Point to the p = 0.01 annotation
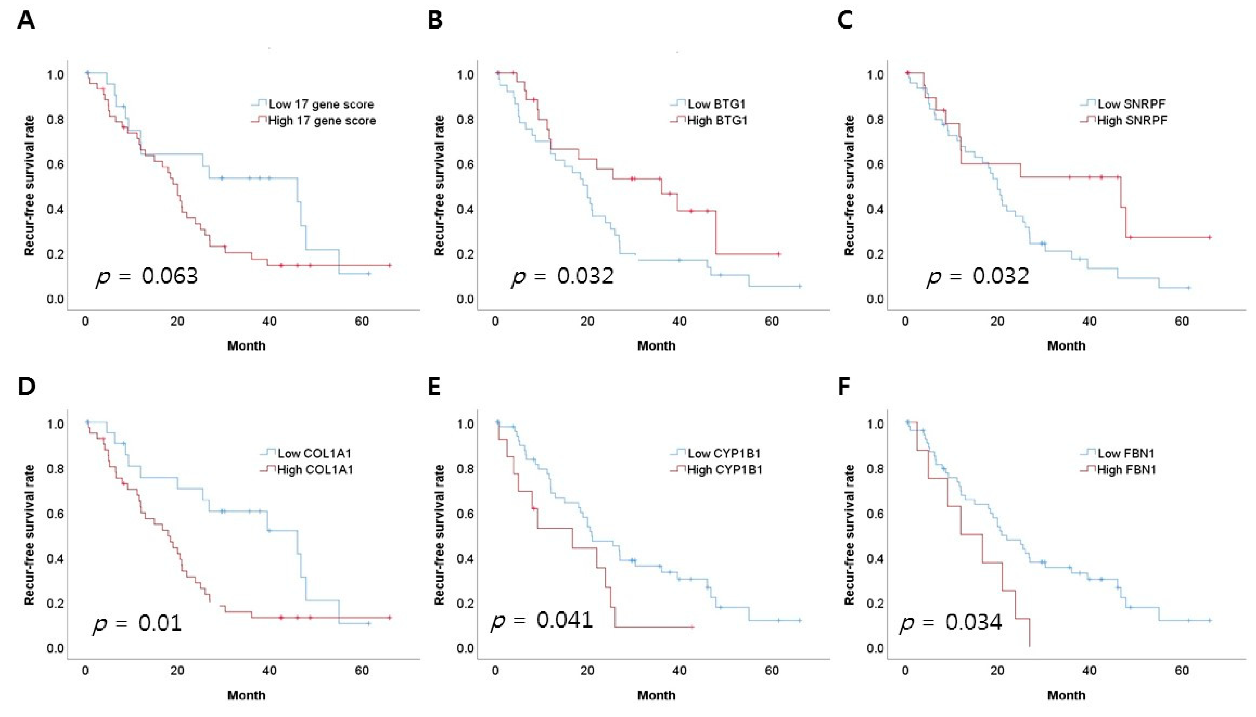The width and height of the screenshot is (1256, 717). [137, 623]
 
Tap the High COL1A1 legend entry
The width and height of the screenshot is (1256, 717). [307, 470]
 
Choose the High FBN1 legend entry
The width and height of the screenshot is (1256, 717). [1119, 470]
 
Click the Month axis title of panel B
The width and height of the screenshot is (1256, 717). [656, 346]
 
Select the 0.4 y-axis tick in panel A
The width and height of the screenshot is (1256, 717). [55, 209]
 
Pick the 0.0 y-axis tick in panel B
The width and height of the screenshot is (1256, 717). [465, 299]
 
